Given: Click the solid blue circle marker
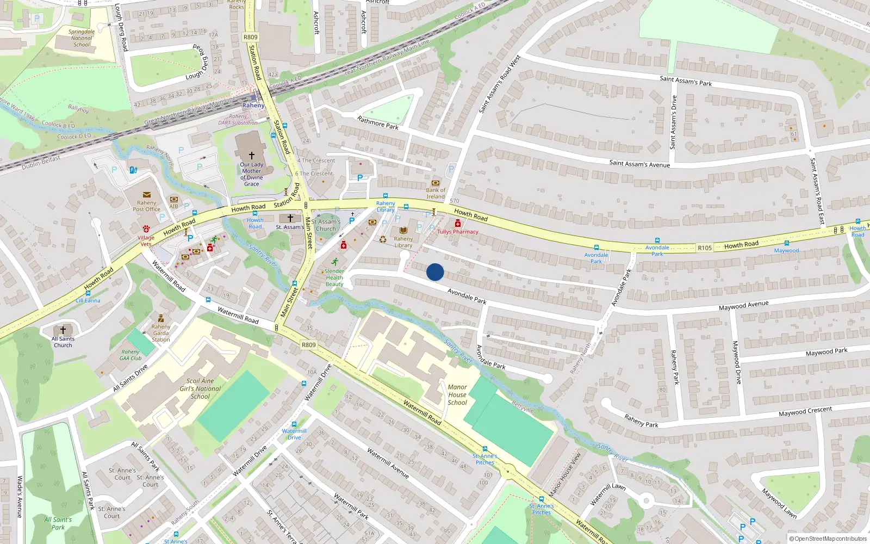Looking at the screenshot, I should (435, 272).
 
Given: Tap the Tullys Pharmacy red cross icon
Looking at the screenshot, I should (458, 224).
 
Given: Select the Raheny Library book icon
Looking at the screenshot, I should (403, 231).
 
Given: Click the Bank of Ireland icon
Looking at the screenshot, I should (435, 183).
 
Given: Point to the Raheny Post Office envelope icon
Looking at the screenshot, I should (146, 195).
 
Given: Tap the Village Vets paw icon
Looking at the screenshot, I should (146, 229).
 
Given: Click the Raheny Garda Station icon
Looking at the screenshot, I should (160, 319).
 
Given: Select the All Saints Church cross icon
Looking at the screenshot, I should (63, 330).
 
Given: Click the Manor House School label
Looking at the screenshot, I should (457, 395).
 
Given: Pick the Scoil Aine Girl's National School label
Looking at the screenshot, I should (200, 388).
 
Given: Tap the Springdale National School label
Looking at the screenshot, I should (82, 38).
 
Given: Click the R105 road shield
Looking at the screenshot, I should (705, 248).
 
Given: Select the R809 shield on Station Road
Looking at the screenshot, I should (251, 38).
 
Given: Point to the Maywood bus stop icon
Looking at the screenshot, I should (786, 243).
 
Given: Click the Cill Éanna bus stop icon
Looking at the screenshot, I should (88, 293).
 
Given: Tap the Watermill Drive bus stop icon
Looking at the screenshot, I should (294, 424).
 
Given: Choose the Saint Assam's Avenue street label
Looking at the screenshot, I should (639, 163).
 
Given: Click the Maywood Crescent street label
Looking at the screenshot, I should (805, 411).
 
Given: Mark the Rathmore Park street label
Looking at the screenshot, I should (378, 122).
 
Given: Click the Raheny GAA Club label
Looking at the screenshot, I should (130, 355).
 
